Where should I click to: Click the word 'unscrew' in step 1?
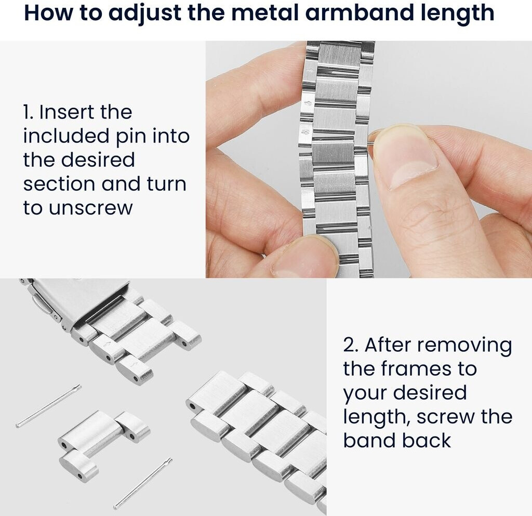pos(90,208)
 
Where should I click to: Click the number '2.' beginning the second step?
pos(351,345)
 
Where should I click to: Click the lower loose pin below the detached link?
pos(143,483)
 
